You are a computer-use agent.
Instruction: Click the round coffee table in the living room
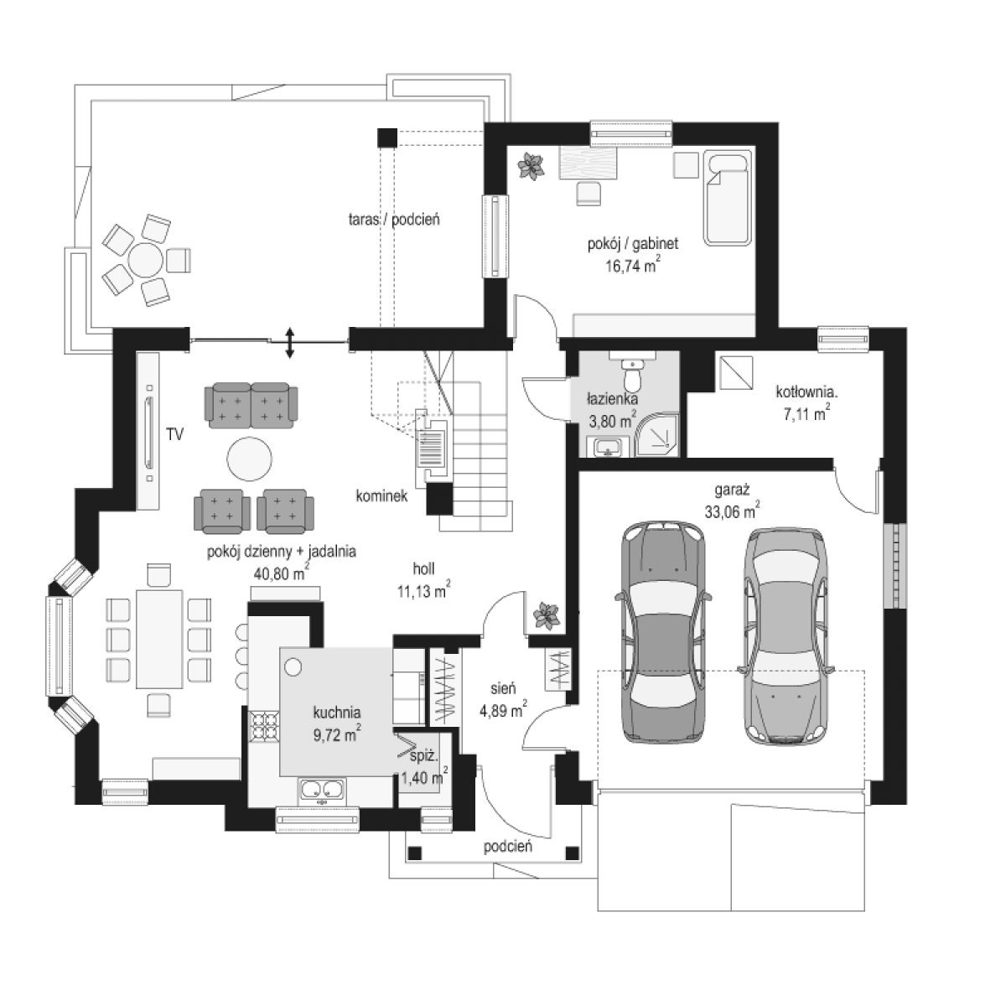(249, 459)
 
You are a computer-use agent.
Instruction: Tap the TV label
(175, 433)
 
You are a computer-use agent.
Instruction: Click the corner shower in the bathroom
(657, 435)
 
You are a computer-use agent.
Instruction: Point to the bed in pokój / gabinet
(728, 198)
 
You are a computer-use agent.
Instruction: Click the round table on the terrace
(146, 260)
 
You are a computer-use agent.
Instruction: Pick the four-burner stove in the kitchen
(265, 726)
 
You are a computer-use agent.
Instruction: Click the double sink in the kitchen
(322, 791)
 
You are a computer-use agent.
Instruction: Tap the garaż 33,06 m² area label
(732, 501)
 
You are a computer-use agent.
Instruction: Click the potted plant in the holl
(546, 615)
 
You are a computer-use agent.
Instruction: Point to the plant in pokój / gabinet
(531, 166)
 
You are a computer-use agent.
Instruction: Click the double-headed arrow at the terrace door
(290, 343)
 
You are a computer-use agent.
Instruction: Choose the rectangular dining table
(160, 639)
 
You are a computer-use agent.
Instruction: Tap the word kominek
(381, 496)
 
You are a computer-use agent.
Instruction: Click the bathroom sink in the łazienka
(608, 448)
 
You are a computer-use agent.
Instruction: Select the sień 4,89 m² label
(503, 699)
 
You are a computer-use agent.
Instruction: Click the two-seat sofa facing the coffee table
(251, 405)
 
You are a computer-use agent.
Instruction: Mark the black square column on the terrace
(387, 137)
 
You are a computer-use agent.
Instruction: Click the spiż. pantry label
(424, 755)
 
